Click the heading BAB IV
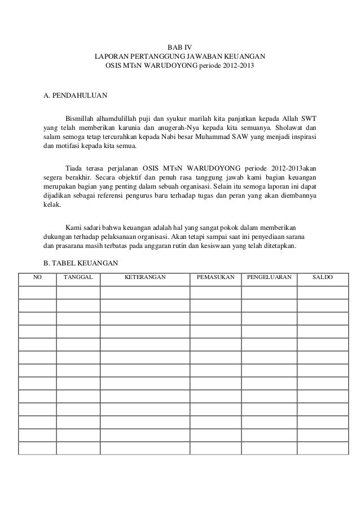179,47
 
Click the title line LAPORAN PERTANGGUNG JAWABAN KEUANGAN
179,57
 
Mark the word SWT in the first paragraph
308,119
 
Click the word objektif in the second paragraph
120,178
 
